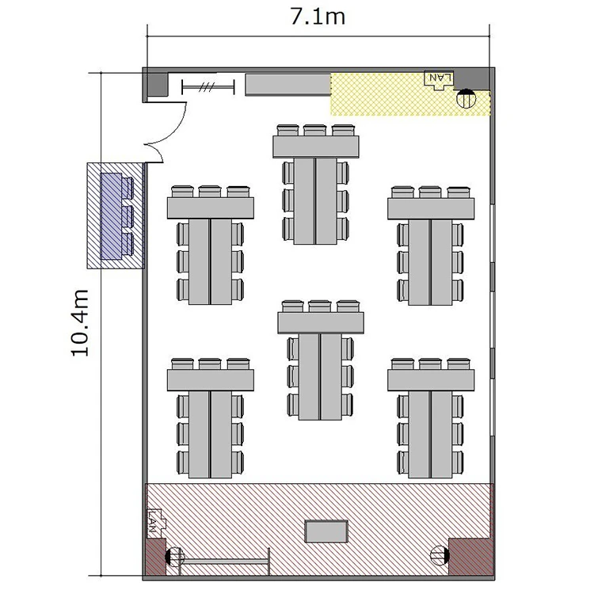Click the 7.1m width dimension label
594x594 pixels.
(318, 17)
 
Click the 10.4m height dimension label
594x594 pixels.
(80, 323)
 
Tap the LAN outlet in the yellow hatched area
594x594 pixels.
(439, 80)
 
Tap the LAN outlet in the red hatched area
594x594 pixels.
(156, 523)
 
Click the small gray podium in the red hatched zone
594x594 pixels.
(326, 531)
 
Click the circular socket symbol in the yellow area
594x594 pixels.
(466, 98)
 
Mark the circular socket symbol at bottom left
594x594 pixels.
(175, 557)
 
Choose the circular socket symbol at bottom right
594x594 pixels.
(440, 555)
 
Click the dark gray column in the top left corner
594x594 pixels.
(158, 84)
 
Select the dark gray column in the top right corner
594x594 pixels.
(472, 80)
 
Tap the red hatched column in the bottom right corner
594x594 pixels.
(471, 557)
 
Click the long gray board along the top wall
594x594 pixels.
(288, 85)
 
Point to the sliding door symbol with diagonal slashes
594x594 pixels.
(208, 87)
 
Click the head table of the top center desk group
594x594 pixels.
(316, 147)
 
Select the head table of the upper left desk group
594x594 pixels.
(211, 208)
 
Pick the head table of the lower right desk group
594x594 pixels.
(431, 380)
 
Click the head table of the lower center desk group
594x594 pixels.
(321, 322)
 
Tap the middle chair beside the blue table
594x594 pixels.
(128, 216)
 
